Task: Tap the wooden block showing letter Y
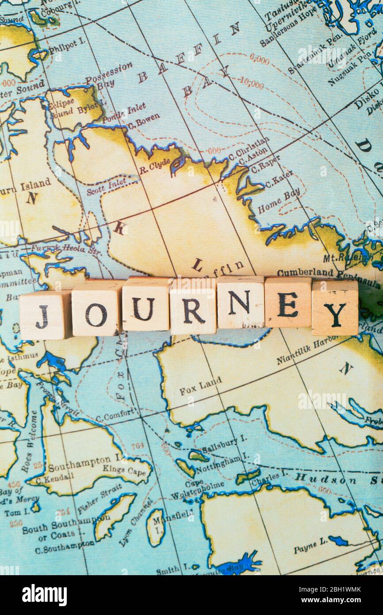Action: point(334,308)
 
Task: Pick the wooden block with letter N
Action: point(240,303)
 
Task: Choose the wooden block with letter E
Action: point(287,303)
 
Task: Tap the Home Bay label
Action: point(279,200)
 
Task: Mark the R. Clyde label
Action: point(154,166)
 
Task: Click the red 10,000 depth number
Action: point(252,83)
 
